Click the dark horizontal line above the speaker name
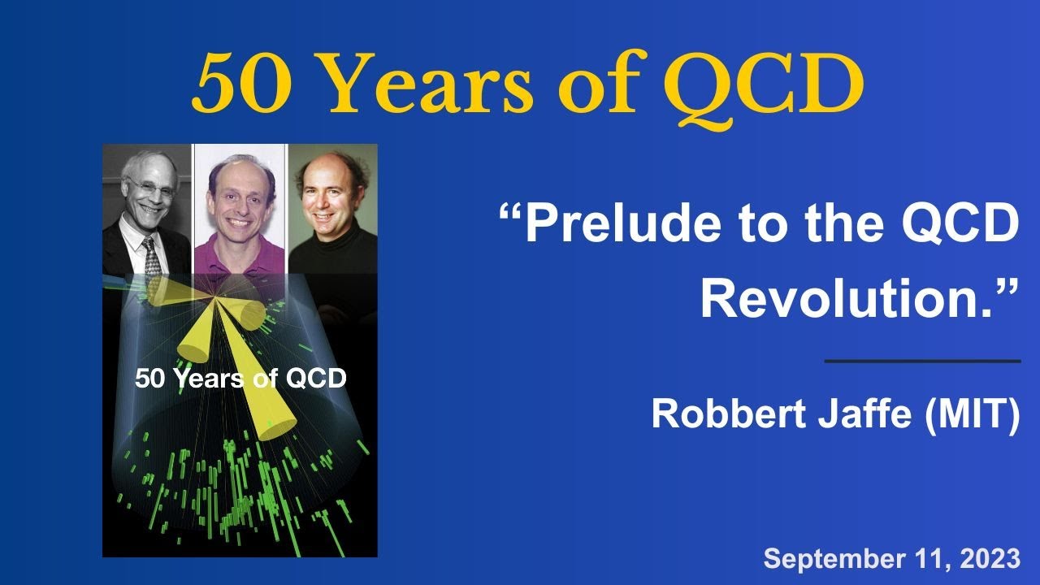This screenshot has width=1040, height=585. [922, 361]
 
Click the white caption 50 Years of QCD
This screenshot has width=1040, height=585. [240, 378]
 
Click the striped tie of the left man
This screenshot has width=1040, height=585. [152, 256]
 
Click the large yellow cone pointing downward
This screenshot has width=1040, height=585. [268, 390]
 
